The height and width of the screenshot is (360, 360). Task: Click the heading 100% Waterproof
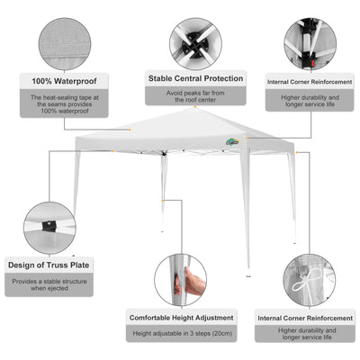64,81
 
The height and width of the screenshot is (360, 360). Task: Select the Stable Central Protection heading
195,78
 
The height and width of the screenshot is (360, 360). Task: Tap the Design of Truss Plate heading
49,265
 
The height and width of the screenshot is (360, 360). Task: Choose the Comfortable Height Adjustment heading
181,318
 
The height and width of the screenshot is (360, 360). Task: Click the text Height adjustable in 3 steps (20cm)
182,333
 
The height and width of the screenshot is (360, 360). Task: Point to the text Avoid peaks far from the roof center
195,96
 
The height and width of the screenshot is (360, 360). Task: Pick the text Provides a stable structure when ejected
49,284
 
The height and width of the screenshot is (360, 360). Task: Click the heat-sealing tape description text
64,104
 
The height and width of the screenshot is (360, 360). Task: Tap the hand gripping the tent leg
194,281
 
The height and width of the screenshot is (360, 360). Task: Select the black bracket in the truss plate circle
48,226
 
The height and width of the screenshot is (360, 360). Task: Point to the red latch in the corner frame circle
314,63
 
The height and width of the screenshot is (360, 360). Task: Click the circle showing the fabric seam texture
65,44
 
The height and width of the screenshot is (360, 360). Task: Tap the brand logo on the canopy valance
232,141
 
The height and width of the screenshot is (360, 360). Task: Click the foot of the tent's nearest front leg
248,275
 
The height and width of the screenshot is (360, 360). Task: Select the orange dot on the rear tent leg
163,201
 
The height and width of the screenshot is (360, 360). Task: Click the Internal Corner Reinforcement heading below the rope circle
305,318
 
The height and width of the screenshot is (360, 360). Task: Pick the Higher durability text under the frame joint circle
310,101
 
